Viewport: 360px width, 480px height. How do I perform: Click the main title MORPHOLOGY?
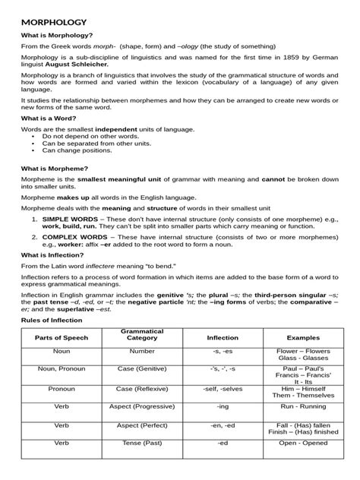click(53, 24)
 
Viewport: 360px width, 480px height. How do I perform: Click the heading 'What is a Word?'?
click(49, 118)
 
